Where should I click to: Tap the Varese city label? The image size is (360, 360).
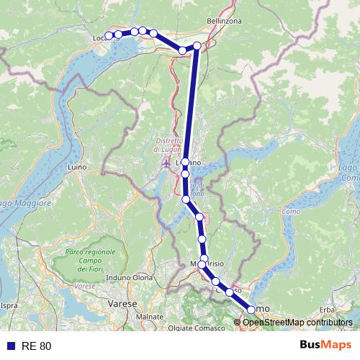tap(122, 305)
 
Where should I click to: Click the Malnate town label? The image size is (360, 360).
tap(150, 316)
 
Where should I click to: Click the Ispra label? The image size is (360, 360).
tap(9, 305)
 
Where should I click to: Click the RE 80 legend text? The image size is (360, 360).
tap(37, 346)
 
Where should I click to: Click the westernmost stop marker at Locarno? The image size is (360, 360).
tap(109, 36)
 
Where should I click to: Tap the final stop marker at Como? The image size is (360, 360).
tap(251, 309)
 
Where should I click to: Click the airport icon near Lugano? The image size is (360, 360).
tap(167, 163)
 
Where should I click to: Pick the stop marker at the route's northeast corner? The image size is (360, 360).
tap(197, 46)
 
